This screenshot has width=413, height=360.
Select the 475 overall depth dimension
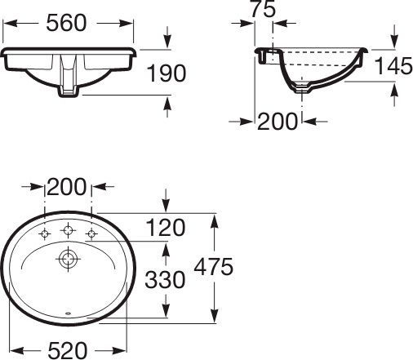(215, 267)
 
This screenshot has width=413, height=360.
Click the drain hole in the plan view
(66, 260)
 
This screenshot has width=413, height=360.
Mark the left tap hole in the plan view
(44, 235)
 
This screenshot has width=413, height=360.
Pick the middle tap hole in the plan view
(67, 229)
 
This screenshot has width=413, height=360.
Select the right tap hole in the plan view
(91, 235)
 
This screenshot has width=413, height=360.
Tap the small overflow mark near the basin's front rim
(67, 313)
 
